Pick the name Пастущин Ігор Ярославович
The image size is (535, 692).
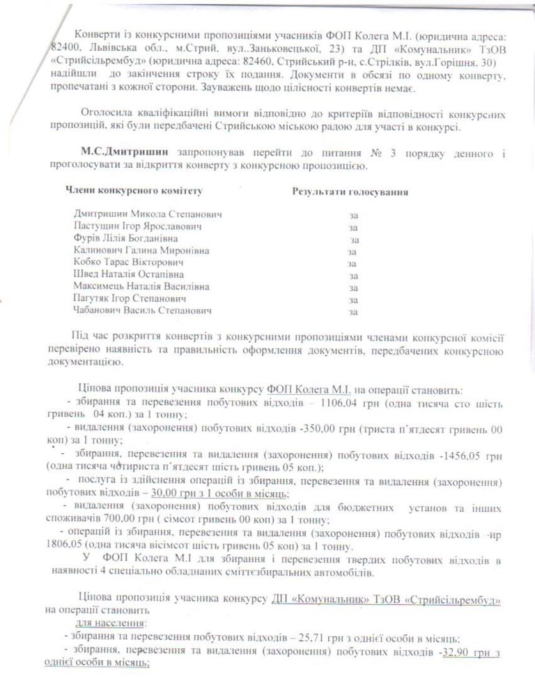coord(137,226)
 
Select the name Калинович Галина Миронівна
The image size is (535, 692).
coord(140,251)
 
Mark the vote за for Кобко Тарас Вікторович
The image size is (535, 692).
coord(352,263)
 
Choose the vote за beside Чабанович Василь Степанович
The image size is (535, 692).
coord(353,312)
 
